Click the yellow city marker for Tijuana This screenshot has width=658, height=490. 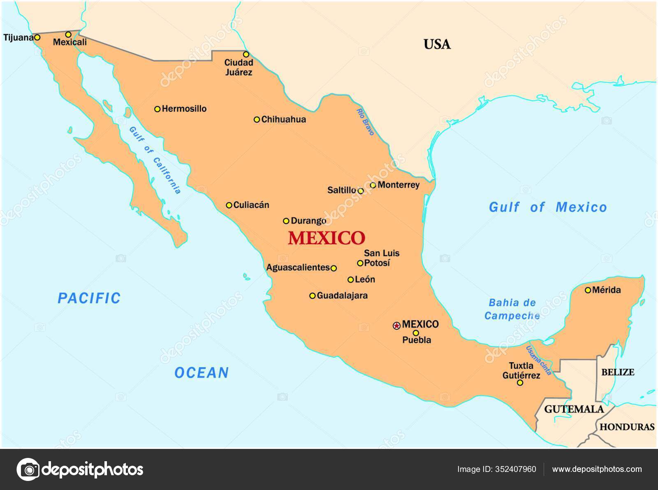click(x=37, y=37)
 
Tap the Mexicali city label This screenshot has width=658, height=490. click(x=70, y=42)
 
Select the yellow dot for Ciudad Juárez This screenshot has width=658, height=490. click(x=246, y=54)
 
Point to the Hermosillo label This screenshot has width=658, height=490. click(x=184, y=109)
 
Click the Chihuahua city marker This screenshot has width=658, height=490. click(x=257, y=120)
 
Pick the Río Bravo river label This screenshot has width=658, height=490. click(x=365, y=122)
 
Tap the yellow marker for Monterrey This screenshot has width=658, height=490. click(x=373, y=185)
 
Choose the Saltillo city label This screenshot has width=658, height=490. click(x=341, y=190)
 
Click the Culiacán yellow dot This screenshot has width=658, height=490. click(x=229, y=205)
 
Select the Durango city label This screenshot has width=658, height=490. click(x=308, y=221)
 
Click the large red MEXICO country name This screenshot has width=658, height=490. click(x=326, y=238)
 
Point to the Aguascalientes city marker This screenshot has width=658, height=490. click(x=334, y=268)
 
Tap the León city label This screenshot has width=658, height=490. click(x=365, y=280)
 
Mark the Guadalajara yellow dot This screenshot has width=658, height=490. click(x=313, y=296)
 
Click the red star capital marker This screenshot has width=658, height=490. click(x=396, y=326)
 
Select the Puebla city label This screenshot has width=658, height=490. click(x=417, y=340)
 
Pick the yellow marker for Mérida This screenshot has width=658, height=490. click(x=588, y=290)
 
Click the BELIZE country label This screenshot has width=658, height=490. click(x=618, y=372)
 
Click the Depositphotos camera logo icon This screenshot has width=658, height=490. click(x=28, y=469)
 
